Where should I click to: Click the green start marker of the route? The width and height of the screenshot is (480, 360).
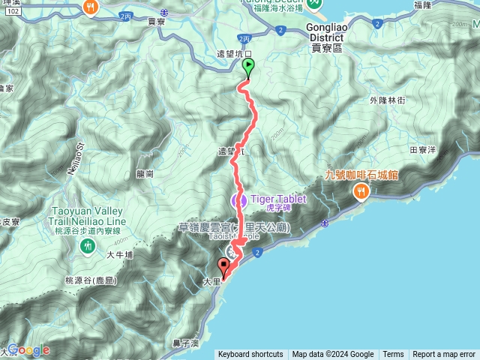click(x=248, y=67)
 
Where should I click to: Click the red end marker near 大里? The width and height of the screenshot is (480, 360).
click(x=223, y=265)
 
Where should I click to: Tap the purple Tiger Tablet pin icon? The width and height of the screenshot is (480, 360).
click(x=239, y=200)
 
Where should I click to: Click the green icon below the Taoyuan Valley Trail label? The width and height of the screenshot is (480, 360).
click(x=89, y=245)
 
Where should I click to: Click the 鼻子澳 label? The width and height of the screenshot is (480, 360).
click(x=184, y=343)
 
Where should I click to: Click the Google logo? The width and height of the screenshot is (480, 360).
click(x=28, y=349)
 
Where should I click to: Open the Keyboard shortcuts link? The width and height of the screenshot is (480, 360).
click(x=251, y=355)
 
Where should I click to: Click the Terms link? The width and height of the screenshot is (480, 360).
click(x=393, y=355)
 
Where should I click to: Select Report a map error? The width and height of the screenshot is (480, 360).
click(x=444, y=355)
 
